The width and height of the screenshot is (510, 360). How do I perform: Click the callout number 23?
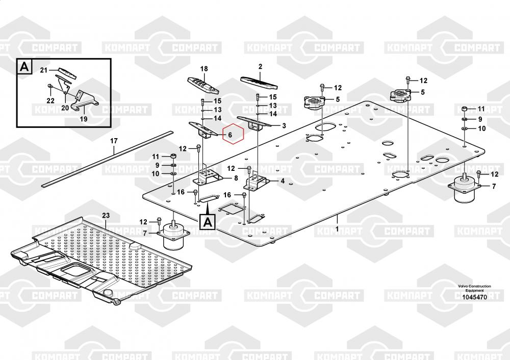(106, 216)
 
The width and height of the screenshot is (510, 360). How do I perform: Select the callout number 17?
(114, 140)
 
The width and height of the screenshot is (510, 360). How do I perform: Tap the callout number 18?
(204, 69)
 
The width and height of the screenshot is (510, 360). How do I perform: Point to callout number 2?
(260, 66)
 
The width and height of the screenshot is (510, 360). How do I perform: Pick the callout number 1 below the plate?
(337, 229)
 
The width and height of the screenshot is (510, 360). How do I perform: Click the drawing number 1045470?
(474, 297)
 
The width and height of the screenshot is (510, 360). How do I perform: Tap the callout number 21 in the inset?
(43, 70)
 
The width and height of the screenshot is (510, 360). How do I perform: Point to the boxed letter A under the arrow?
(208, 221)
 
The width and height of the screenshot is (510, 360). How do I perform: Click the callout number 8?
(236, 178)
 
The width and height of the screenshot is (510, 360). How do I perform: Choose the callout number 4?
(282, 180)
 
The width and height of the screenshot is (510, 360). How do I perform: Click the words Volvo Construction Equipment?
(474, 289)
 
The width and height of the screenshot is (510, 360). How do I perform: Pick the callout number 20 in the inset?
(65, 107)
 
